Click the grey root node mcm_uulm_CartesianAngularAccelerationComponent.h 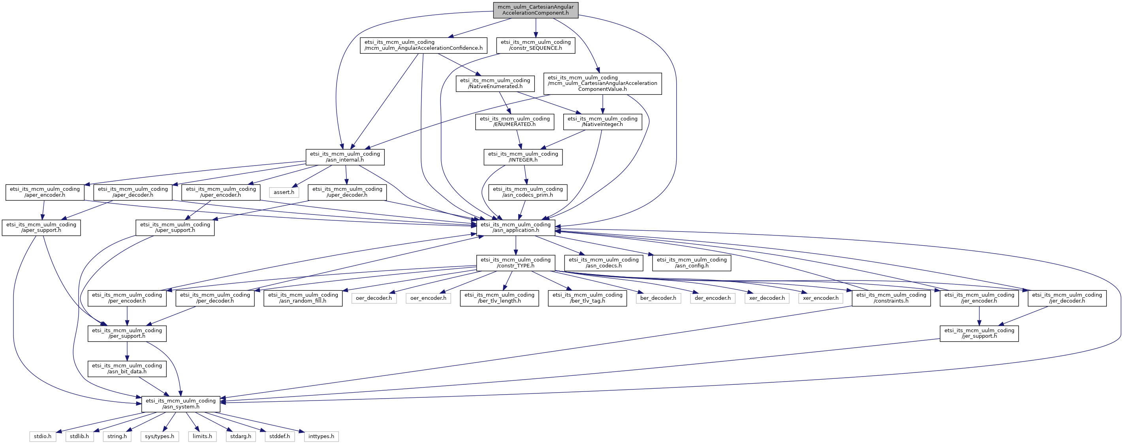click(535, 10)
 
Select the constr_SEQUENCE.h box click(535, 45)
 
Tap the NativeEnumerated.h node click(495, 83)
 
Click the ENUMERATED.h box click(514, 122)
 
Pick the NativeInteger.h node click(602, 122)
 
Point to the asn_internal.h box click(345, 157)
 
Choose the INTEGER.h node click(523, 157)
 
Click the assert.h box click(284, 192)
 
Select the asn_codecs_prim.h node click(528, 192)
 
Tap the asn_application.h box click(515, 228)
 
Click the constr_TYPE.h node click(515, 263)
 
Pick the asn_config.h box click(691, 263)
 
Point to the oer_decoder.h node click(374, 298)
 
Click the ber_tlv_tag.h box click(587, 298)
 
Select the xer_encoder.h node click(820, 298)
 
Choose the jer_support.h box click(979, 334)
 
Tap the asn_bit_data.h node click(127, 369)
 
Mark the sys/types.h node click(160, 436)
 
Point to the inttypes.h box click(321, 436)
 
